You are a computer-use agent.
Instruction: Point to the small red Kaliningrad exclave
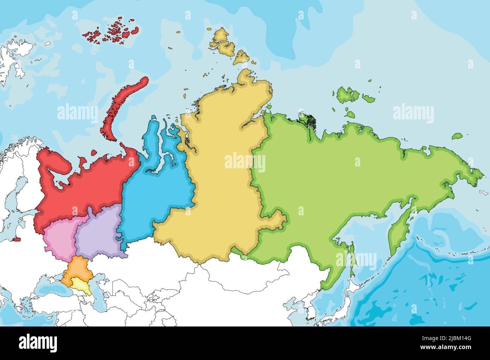click(16, 239)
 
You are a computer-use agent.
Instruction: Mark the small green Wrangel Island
click(457, 136)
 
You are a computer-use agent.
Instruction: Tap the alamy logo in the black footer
click(38, 343)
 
